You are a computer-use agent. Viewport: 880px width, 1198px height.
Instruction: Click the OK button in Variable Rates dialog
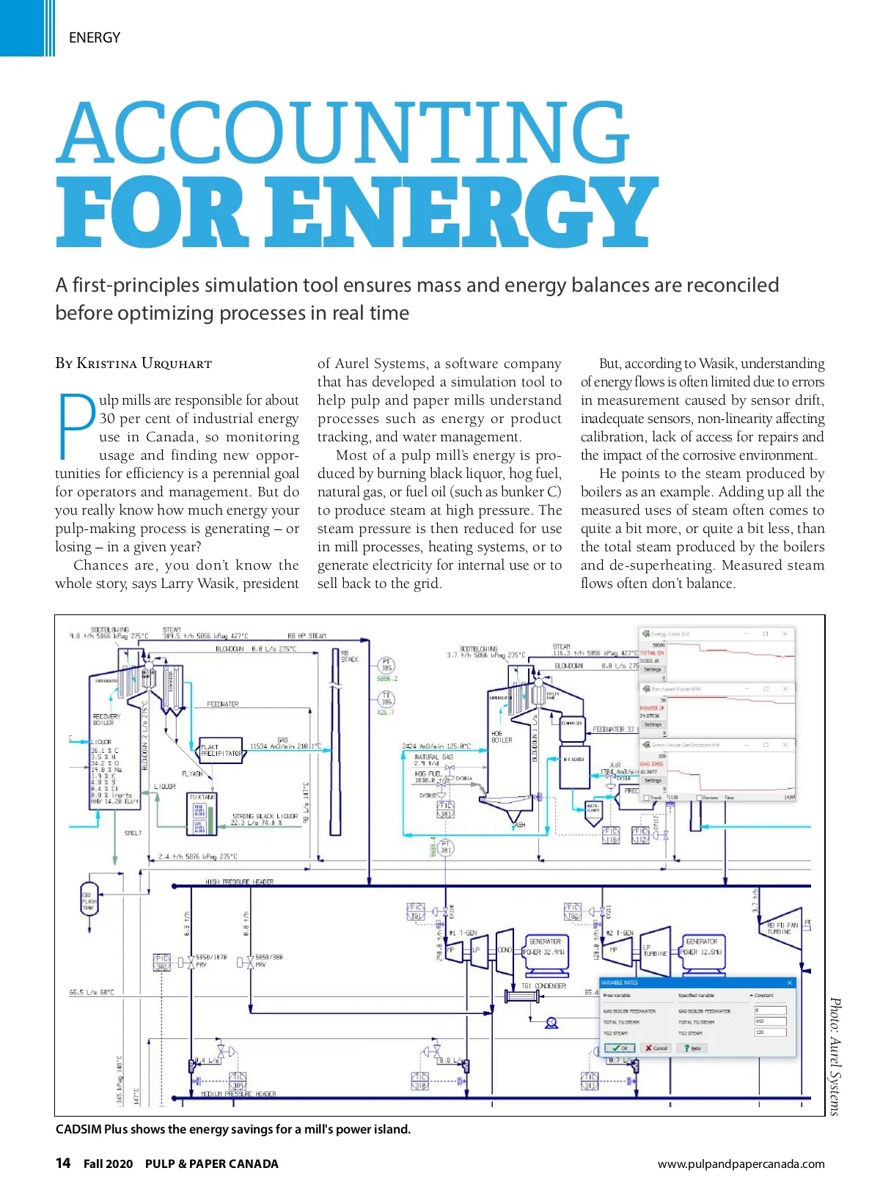[x=620, y=1048]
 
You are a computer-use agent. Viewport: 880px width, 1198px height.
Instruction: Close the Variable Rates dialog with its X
[x=789, y=982]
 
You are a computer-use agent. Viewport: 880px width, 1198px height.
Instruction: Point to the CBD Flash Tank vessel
[x=89, y=899]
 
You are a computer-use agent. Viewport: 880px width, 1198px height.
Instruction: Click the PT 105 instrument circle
[x=386, y=666]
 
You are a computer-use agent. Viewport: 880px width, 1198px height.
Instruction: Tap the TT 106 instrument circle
[x=386, y=699]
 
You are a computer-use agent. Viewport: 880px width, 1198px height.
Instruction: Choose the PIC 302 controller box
[x=161, y=963]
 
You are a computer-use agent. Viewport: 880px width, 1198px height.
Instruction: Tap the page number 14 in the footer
[x=63, y=1163]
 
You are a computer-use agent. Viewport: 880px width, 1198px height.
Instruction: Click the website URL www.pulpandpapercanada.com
[x=741, y=1164]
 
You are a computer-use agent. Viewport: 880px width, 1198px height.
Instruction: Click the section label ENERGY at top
[x=95, y=37]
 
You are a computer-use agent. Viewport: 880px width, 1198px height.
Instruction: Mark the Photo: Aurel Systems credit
[x=834, y=1056]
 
